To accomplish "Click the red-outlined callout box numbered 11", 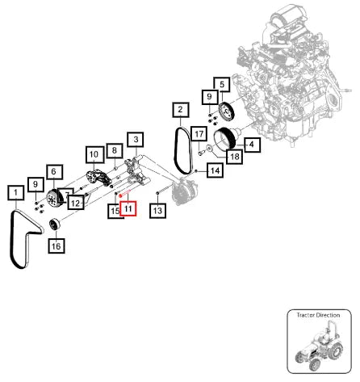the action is tap(128, 208).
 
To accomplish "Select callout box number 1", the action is tap(16, 193).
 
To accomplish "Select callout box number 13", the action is tap(157, 210).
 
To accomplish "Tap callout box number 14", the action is tap(216, 170).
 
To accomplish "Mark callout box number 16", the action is tap(57, 246).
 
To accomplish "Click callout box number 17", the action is tap(199, 134).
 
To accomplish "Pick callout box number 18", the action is tap(235, 157).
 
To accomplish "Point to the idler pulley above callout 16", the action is tap(55, 225).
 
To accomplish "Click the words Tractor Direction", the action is tap(318, 315).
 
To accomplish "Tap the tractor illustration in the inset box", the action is tap(320, 346).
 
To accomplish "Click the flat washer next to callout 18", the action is tap(209, 148).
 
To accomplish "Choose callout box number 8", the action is tap(115, 150).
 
